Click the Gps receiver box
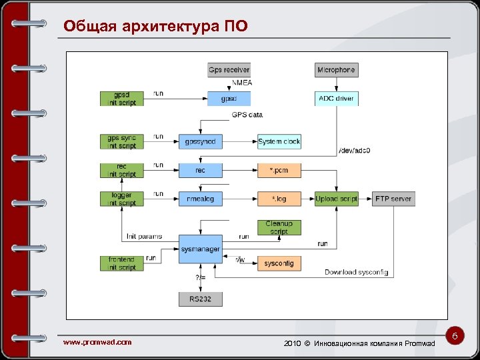[x=229, y=69]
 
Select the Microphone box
[x=336, y=69]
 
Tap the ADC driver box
[x=336, y=99]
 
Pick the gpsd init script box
[x=121, y=98]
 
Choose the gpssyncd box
[x=200, y=141]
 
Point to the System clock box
[x=279, y=141]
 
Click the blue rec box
[x=200, y=170]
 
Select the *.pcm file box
[x=279, y=170]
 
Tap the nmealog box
[x=200, y=199]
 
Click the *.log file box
[x=279, y=199]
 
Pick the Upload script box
[x=337, y=199]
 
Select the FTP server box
[x=393, y=199]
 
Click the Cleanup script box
[x=279, y=227]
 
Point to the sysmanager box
[x=200, y=249]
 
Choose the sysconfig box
[x=279, y=263]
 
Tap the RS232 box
[x=200, y=299]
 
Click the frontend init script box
[x=121, y=263]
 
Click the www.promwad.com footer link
[x=97, y=342]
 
